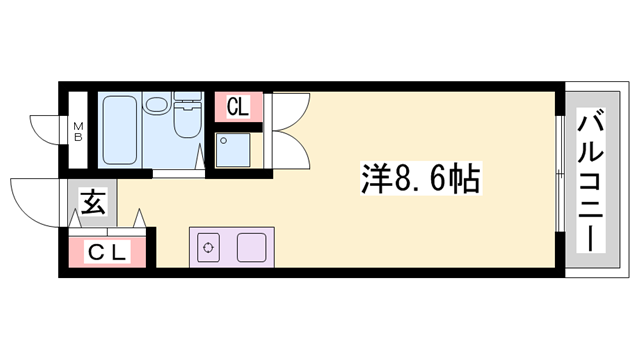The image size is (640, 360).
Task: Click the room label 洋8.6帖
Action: click(x=419, y=180)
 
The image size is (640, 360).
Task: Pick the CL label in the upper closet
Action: click(x=238, y=106)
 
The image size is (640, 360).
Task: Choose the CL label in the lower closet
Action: click(x=107, y=253)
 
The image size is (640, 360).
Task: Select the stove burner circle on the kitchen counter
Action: click(x=208, y=247)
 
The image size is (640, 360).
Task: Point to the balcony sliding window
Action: click(x=556, y=180)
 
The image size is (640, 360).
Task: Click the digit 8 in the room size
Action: click(x=407, y=181)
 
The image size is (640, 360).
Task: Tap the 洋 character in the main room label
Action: click(x=376, y=180)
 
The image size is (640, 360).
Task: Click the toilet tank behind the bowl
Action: click(x=187, y=100)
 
